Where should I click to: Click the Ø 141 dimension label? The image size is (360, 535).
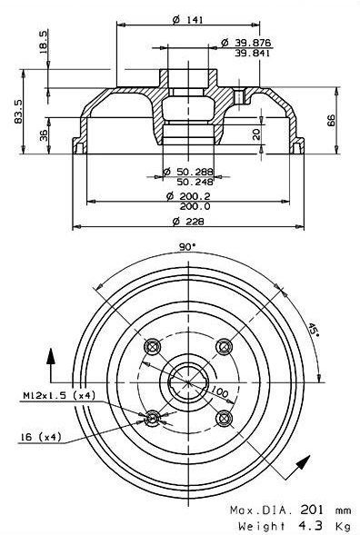(187, 20)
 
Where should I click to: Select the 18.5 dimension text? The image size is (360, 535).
(44, 43)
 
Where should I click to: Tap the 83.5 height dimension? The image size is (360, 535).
(18, 111)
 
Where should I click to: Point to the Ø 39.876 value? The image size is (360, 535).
(245, 43)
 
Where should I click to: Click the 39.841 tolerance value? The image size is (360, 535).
(253, 54)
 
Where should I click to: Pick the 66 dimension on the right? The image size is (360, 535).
(331, 121)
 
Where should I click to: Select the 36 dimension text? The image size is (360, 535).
(44, 135)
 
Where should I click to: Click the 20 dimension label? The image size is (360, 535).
(256, 134)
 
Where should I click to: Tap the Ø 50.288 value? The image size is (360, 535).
(188, 172)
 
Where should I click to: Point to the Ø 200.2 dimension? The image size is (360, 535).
(188, 196)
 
